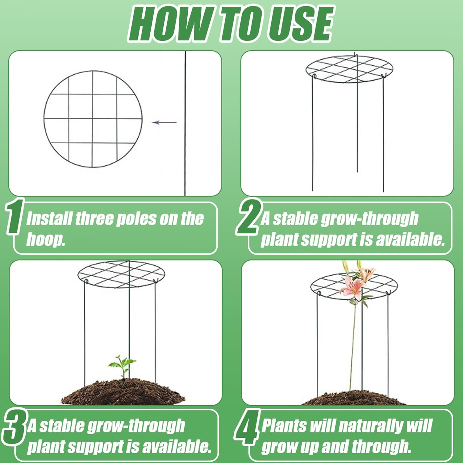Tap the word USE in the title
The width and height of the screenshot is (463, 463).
pos(301,24)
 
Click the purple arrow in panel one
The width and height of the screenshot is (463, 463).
pos(164,123)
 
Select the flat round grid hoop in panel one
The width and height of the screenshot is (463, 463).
pos(93,119)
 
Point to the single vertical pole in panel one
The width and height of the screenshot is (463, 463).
pos(185,123)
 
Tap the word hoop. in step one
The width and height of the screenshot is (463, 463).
pos(46,239)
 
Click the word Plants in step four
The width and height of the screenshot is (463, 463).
pos(284,426)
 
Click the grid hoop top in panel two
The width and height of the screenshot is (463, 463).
pos(349,69)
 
